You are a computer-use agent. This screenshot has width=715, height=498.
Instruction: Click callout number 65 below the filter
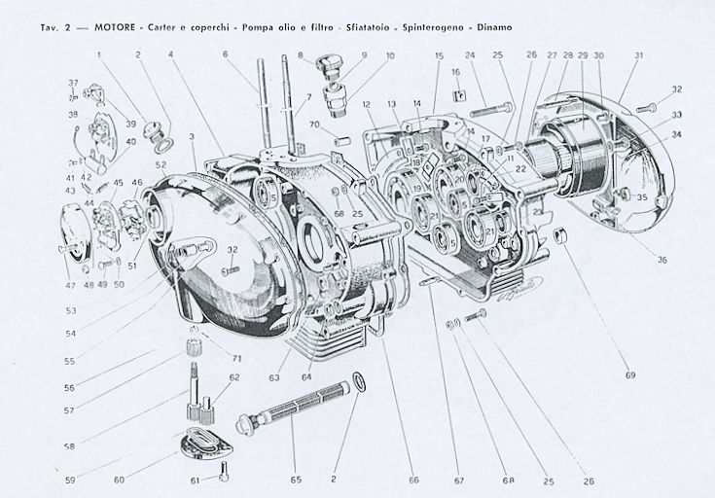point(295,479)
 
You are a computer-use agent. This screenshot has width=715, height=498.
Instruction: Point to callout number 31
point(638,55)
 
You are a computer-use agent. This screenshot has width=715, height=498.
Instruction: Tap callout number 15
point(439,55)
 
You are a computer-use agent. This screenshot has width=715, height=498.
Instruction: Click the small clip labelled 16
point(455,94)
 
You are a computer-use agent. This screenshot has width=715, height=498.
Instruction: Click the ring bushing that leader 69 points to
point(561,236)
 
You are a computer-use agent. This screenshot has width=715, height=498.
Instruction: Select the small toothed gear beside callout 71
point(193,345)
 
